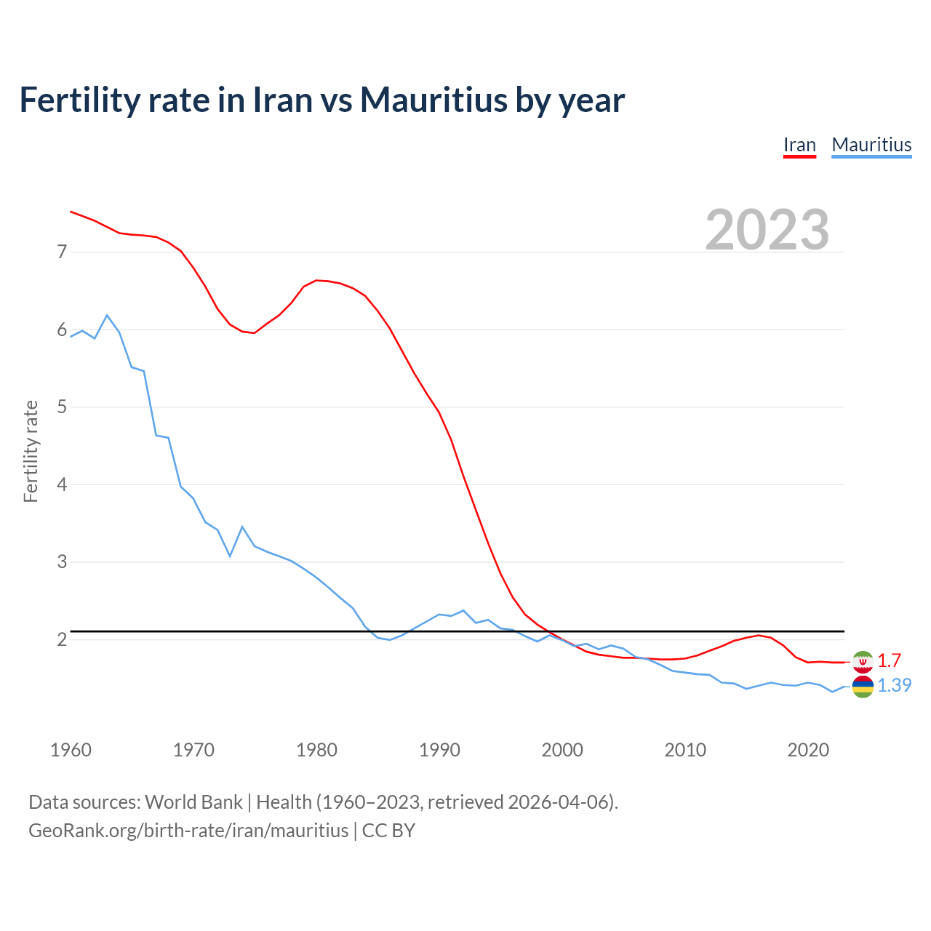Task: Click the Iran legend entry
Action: pyautogui.click(x=799, y=145)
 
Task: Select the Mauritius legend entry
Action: pyautogui.click(x=871, y=145)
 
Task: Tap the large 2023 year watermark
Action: pyautogui.click(x=767, y=230)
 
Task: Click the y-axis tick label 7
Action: pyautogui.click(x=62, y=252)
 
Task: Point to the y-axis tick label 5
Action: pyautogui.click(x=62, y=407)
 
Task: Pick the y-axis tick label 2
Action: pyautogui.click(x=62, y=639)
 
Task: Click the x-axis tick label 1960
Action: pyautogui.click(x=71, y=750)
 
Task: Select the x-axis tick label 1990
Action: pyautogui.click(x=439, y=750)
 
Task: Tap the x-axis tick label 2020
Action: pyautogui.click(x=808, y=750)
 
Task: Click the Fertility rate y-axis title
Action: pyautogui.click(x=31, y=451)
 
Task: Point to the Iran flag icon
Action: pyautogui.click(x=863, y=661)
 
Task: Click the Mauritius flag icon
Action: pyautogui.click(x=863, y=686)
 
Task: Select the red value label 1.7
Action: pyautogui.click(x=889, y=660)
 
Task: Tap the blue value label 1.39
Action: pyautogui.click(x=894, y=685)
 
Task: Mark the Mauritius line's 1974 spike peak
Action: pyautogui.click(x=242, y=527)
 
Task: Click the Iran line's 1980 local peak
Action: pyautogui.click(x=316, y=280)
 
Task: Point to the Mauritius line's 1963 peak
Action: pyautogui.click(x=107, y=315)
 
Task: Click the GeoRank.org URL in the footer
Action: pyautogui.click(x=188, y=830)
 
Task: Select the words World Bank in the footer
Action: pyautogui.click(x=193, y=802)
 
